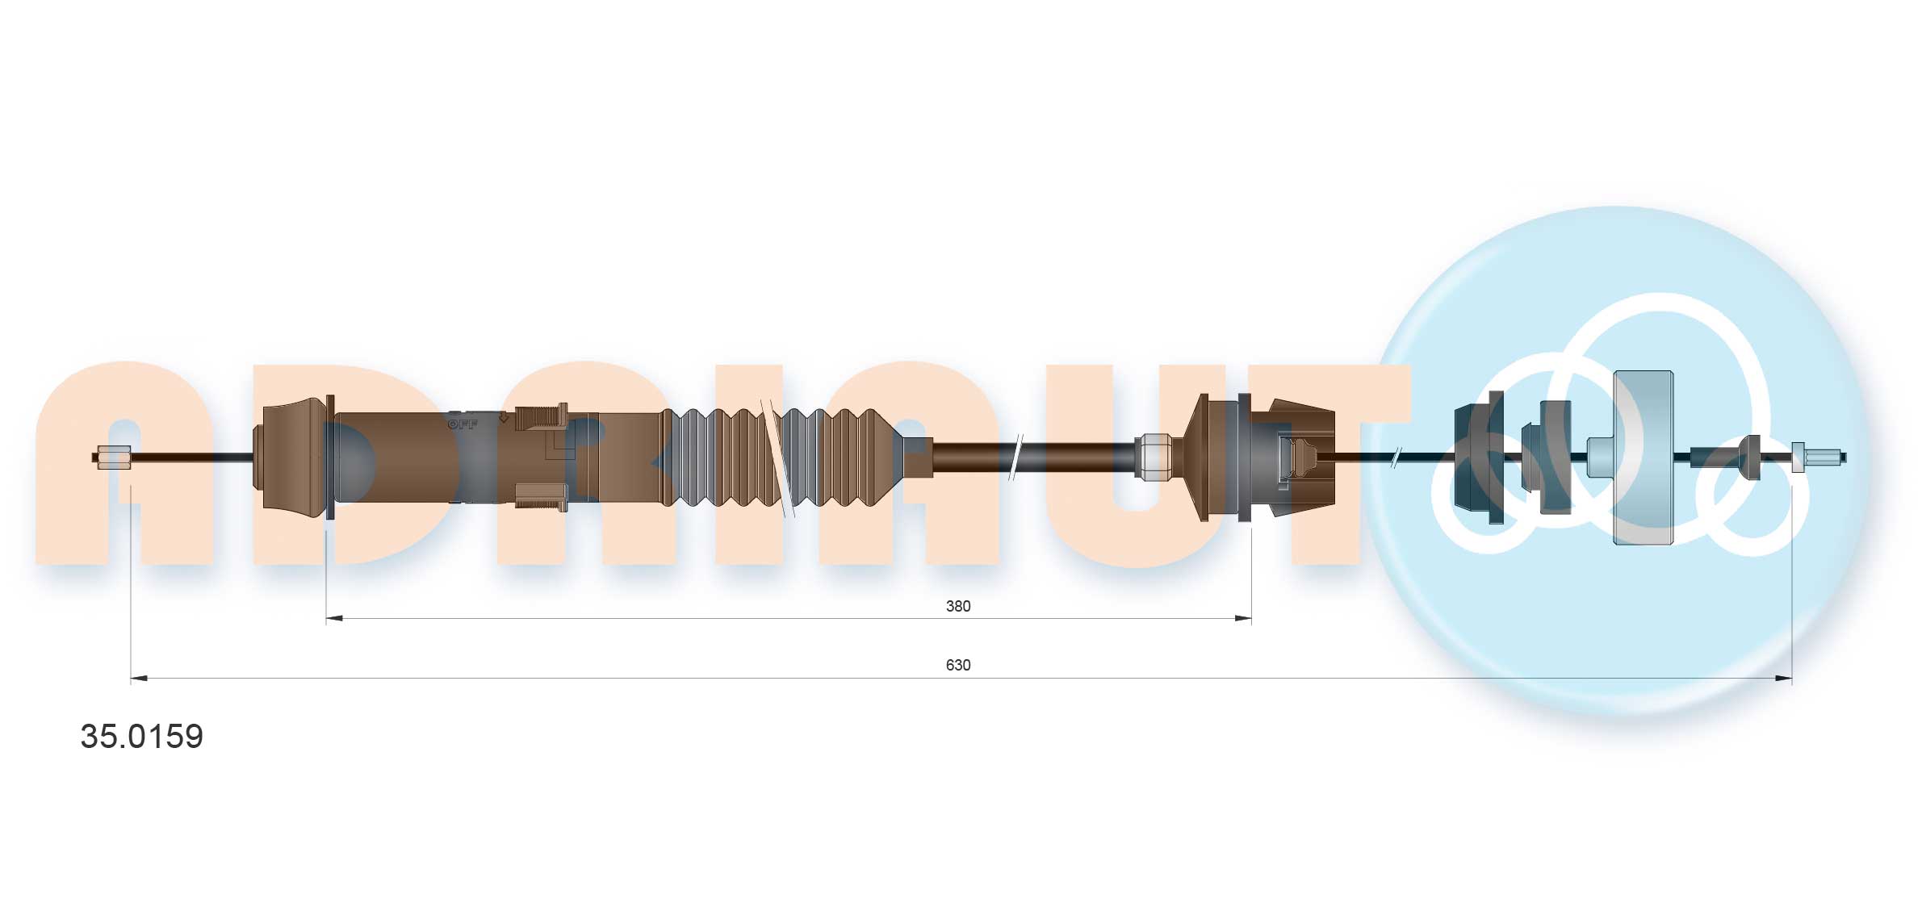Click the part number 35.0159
(142, 736)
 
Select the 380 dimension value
(957, 606)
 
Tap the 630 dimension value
(957, 665)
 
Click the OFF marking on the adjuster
(463, 424)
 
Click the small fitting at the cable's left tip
(113, 457)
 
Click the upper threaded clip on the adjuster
(542, 417)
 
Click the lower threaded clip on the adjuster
(541, 496)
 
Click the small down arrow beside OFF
(503, 418)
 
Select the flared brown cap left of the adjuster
(291, 457)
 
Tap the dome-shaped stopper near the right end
(1750, 457)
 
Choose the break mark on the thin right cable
(1396, 458)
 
